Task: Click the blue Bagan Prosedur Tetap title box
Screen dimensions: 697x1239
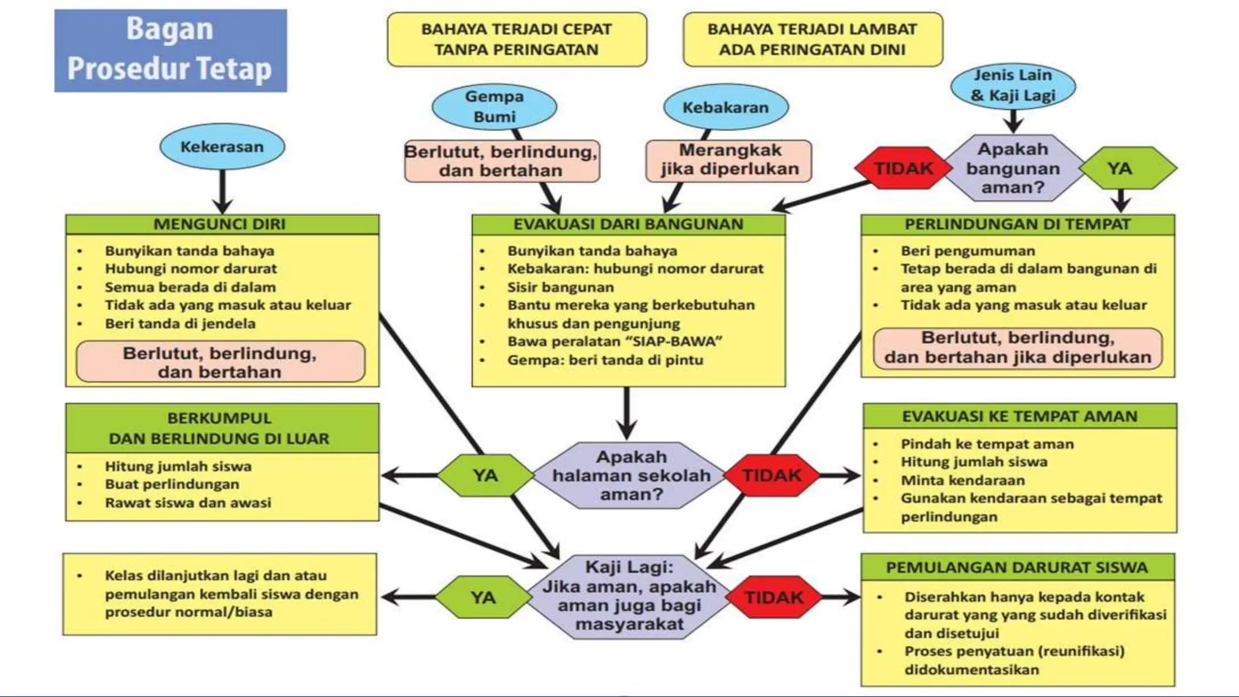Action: point(170,50)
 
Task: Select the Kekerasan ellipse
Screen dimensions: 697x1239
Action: point(222,147)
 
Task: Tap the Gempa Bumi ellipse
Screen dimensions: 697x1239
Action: point(494,106)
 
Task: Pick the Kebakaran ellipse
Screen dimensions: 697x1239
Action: point(725,108)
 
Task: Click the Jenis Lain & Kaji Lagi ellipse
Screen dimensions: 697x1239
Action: point(1013,85)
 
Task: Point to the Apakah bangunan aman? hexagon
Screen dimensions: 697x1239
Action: point(1013,168)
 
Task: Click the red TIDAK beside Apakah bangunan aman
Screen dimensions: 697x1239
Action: point(903,168)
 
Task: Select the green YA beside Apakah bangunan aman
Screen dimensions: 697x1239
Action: point(1120,168)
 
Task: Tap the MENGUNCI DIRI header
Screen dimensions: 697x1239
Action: point(222,224)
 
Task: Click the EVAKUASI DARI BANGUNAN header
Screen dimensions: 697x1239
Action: point(628,224)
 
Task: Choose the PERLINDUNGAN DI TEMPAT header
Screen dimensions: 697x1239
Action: point(1017,224)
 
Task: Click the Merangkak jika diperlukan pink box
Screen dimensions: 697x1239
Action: point(729,160)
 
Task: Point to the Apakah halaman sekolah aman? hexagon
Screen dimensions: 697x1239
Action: point(631,476)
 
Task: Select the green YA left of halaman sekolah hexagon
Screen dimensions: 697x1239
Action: point(485,476)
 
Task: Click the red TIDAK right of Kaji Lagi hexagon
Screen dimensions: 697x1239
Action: point(773,598)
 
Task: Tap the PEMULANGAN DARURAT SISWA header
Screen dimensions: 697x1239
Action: point(1017,568)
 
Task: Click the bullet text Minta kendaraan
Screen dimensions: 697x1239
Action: point(963,480)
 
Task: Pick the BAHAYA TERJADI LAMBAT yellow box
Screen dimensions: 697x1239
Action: point(812,39)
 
